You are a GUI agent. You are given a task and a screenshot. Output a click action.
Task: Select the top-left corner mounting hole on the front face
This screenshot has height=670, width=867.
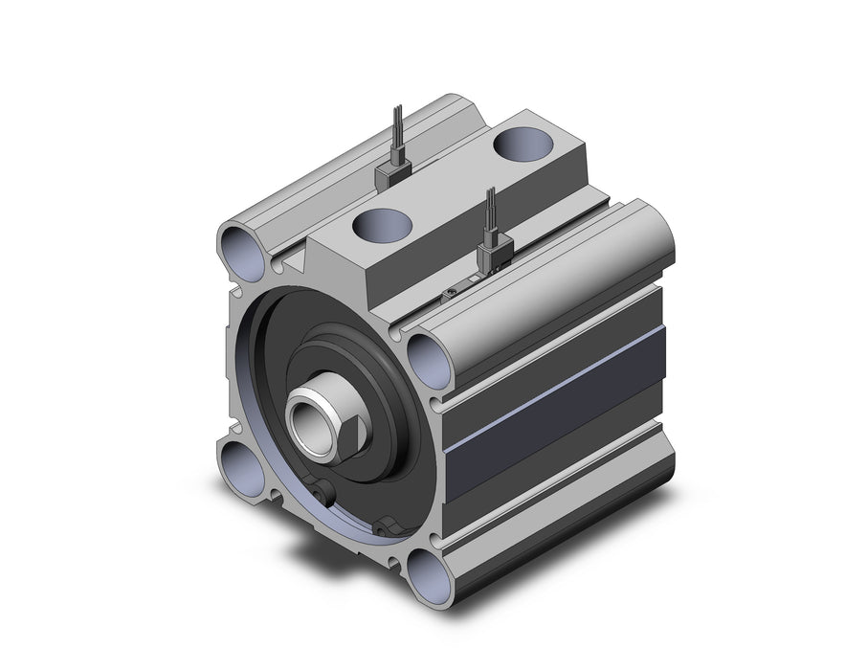click(240, 251)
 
